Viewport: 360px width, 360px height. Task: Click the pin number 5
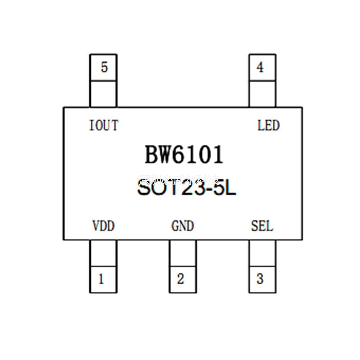coord(104,67)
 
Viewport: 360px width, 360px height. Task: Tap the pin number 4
coord(260,67)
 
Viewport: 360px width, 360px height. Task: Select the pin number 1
coord(101,279)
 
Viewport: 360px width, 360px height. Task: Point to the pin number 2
coord(181,279)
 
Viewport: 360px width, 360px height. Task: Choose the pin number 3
coord(260,279)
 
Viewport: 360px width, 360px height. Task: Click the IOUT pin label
coord(104,126)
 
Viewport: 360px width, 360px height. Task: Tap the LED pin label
coord(268,126)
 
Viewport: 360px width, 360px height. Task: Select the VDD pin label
coord(103,226)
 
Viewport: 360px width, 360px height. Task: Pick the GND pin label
coord(183,226)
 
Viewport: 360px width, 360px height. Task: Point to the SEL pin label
coord(262,226)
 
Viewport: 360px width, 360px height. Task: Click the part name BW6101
coord(184,155)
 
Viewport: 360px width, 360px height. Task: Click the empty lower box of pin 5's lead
coord(103,94)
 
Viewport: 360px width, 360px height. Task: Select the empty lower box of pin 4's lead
coord(262,94)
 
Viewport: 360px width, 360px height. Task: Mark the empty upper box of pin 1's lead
coord(103,253)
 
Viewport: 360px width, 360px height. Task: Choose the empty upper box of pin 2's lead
coord(183,253)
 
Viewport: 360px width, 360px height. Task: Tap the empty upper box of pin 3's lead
coord(262,253)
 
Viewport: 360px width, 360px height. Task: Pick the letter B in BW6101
coord(152,155)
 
